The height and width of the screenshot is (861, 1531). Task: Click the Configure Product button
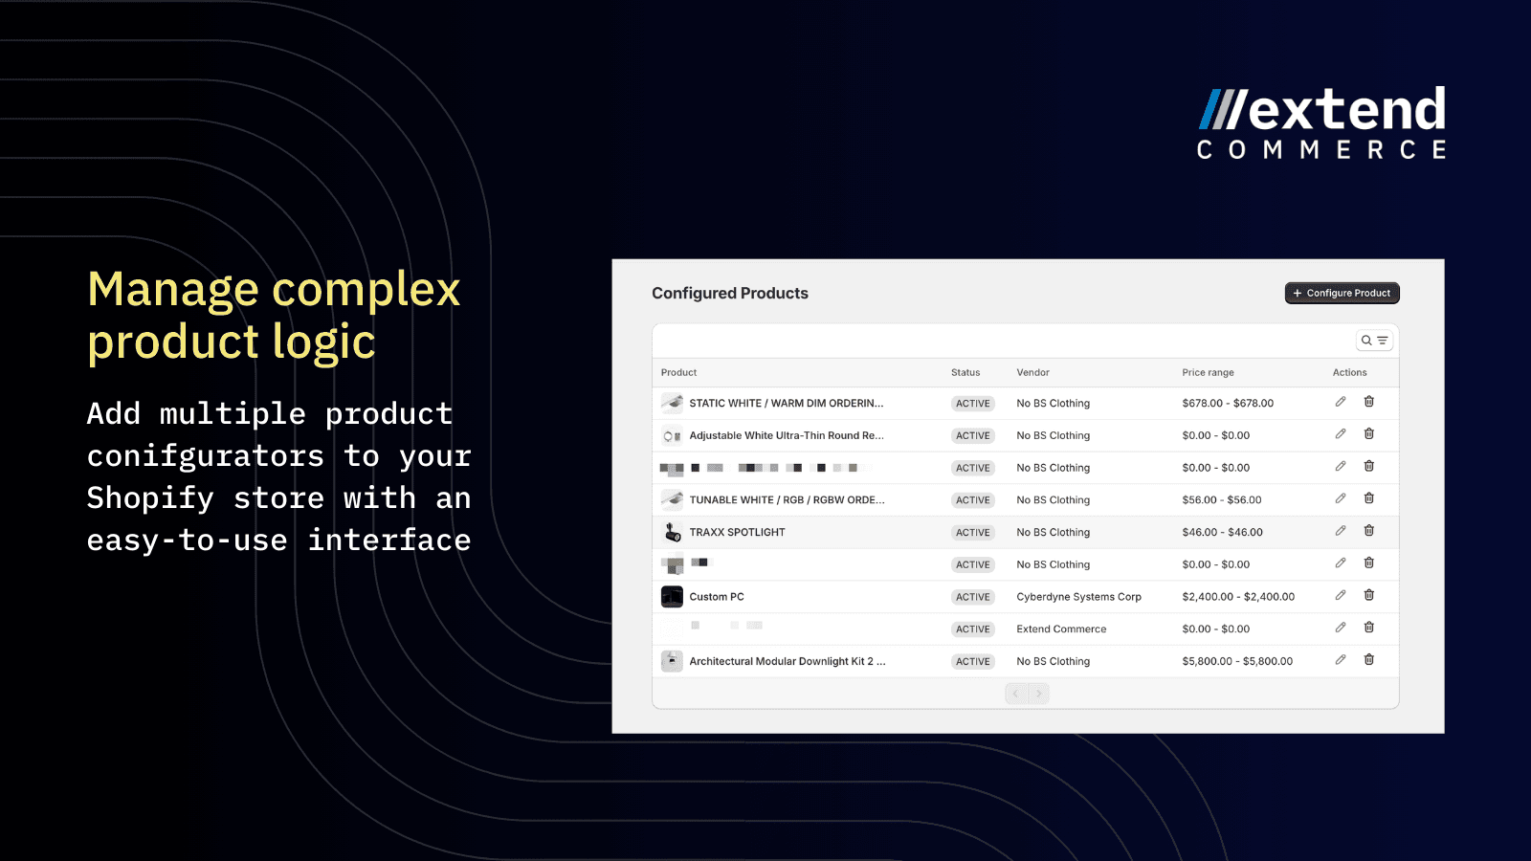(1342, 293)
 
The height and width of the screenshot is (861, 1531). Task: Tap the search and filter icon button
(1374, 341)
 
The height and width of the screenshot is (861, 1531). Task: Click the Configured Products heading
(729, 294)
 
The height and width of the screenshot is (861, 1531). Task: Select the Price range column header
(1208, 373)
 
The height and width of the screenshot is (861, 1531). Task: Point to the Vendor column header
(1032, 373)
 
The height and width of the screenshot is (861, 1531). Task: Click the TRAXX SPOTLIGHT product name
(737, 533)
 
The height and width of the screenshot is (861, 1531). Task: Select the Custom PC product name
(717, 597)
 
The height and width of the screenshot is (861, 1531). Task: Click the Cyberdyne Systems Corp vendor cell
(1078, 597)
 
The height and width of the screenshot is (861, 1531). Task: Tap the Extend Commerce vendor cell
(1061, 629)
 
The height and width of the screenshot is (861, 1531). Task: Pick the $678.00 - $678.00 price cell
(1228, 404)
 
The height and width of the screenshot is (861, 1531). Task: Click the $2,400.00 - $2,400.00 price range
(1238, 597)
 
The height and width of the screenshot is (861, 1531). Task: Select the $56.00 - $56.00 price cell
(1222, 500)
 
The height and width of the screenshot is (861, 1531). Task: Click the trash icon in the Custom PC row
(1369, 595)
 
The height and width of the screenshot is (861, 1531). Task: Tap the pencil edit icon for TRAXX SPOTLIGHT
(1341, 531)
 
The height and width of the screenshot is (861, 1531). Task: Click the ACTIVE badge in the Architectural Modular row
(973, 662)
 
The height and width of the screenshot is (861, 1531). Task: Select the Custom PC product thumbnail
(672, 597)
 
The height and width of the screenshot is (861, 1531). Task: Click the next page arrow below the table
(1039, 694)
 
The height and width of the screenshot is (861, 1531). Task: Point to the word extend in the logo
(1347, 110)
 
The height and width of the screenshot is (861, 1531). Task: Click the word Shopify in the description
(150, 498)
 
